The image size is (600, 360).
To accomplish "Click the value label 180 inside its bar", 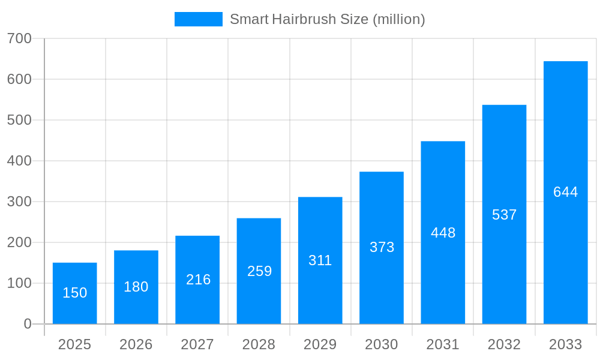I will pos(136,287).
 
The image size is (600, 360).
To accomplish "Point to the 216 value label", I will pos(199,280).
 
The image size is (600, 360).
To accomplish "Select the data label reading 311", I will pos(320,260).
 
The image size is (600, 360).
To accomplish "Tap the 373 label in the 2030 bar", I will pos(382,247).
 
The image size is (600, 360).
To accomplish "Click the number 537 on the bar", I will pos(504,215).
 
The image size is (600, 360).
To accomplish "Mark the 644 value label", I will pos(565,192).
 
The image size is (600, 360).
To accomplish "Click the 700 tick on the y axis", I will pos(19,38).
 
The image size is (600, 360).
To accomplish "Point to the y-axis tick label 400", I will pos(19,161).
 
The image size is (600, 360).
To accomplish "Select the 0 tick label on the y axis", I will pos(27,324).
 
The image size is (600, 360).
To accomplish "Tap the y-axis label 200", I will pos(19,242).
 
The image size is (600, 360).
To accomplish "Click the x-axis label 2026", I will pos(136,344).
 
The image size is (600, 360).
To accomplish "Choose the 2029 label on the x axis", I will pos(320,344).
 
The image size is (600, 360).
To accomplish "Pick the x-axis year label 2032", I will pos(504,344).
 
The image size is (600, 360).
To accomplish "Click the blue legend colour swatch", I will pos(198,19).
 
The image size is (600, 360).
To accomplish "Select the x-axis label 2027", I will pos(197,344).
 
